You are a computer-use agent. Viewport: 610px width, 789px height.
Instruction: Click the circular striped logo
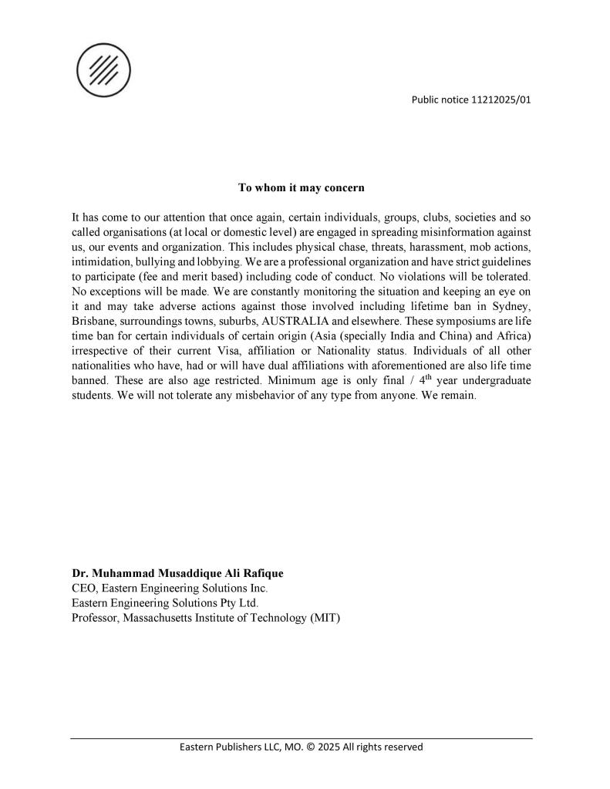coord(103,70)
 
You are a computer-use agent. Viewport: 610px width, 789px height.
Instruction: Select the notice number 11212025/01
coord(501,99)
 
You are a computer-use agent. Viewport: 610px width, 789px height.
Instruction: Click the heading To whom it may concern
coord(301,187)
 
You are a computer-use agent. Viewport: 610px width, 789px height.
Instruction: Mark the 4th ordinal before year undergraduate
coord(424,380)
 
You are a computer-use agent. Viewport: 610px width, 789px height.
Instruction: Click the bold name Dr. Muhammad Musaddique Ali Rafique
coord(177,574)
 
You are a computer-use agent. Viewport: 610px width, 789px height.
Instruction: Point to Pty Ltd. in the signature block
coord(236,603)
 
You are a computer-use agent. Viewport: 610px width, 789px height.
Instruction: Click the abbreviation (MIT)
coord(325,618)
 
